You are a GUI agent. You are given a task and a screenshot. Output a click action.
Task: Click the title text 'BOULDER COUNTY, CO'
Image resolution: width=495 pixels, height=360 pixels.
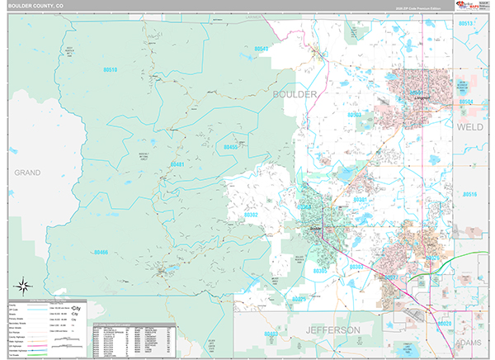click(38, 5)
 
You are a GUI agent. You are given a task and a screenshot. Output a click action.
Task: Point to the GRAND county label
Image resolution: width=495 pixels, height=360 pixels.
click(26, 173)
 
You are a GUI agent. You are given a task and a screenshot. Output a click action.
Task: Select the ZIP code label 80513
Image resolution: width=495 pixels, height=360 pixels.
click(467, 24)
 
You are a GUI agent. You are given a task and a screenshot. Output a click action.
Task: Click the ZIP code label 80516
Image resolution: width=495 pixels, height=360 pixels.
click(469, 194)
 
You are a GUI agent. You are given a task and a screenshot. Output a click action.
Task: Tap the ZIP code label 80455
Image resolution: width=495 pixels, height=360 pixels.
click(231, 147)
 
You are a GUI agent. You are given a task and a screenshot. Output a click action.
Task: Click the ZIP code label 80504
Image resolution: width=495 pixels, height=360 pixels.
click(467, 102)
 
